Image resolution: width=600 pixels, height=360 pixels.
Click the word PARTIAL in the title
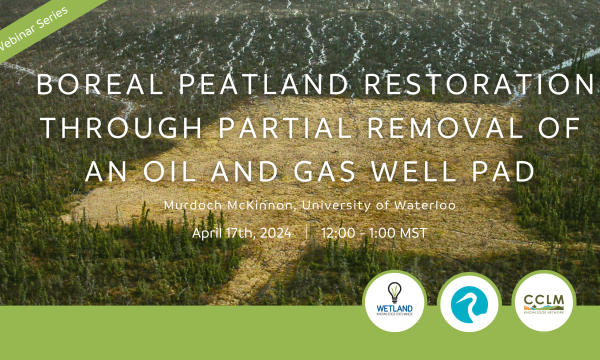click(x=270, y=129)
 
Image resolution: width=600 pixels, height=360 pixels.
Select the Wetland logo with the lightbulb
click(x=394, y=302)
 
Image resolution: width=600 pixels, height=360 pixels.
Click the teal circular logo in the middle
click(x=469, y=302)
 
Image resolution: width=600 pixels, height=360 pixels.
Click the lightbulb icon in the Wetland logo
click(x=394, y=291)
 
